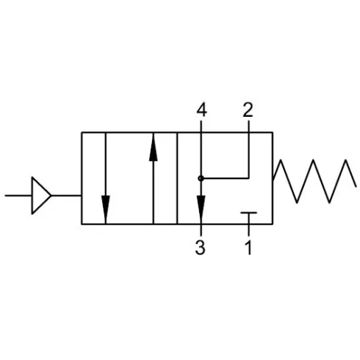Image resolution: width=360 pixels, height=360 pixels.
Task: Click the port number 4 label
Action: point(201,110)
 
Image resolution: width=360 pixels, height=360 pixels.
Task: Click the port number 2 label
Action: point(248,110)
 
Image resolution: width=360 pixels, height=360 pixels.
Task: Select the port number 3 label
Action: point(200,248)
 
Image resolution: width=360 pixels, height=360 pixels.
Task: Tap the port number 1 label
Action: point(248,248)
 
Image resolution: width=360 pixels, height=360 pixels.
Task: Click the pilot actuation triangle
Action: point(41,195)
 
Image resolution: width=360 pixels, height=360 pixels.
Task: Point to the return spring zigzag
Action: point(314,181)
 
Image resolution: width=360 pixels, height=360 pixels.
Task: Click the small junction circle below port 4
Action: point(201,179)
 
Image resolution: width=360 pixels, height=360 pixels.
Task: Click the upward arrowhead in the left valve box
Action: point(154,147)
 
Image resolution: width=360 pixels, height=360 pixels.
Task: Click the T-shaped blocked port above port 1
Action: point(248,218)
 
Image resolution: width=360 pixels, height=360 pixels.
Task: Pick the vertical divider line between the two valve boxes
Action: point(177,178)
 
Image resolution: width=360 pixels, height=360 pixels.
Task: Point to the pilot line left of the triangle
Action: point(18,195)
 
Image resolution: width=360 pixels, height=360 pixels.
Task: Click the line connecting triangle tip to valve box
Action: point(66,195)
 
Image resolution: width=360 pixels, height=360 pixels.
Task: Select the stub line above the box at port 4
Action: point(201,126)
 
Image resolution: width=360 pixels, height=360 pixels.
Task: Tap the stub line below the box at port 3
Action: point(201,230)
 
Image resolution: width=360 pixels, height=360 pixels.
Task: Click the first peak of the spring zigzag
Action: point(281,160)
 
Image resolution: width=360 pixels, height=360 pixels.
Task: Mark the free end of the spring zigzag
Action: point(356,187)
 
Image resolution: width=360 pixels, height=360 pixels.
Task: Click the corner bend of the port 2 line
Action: point(248,179)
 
